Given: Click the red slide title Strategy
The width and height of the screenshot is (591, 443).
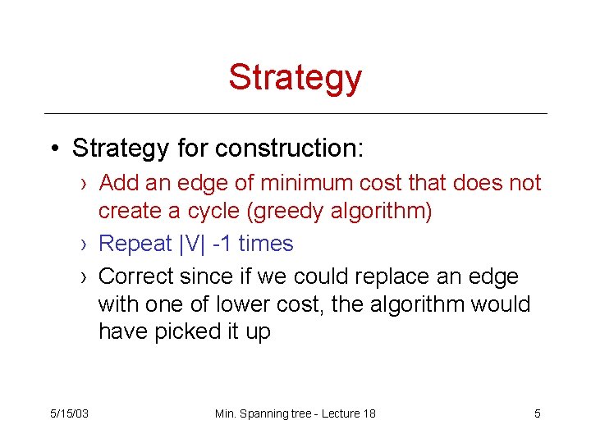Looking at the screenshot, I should [x=295, y=77].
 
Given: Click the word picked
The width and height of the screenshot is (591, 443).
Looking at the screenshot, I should [x=188, y=332].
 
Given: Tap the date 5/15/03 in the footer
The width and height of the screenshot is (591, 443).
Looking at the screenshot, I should [x=70, y=413].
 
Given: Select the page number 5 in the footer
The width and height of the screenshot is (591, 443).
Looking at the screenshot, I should [x=538, y=413].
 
